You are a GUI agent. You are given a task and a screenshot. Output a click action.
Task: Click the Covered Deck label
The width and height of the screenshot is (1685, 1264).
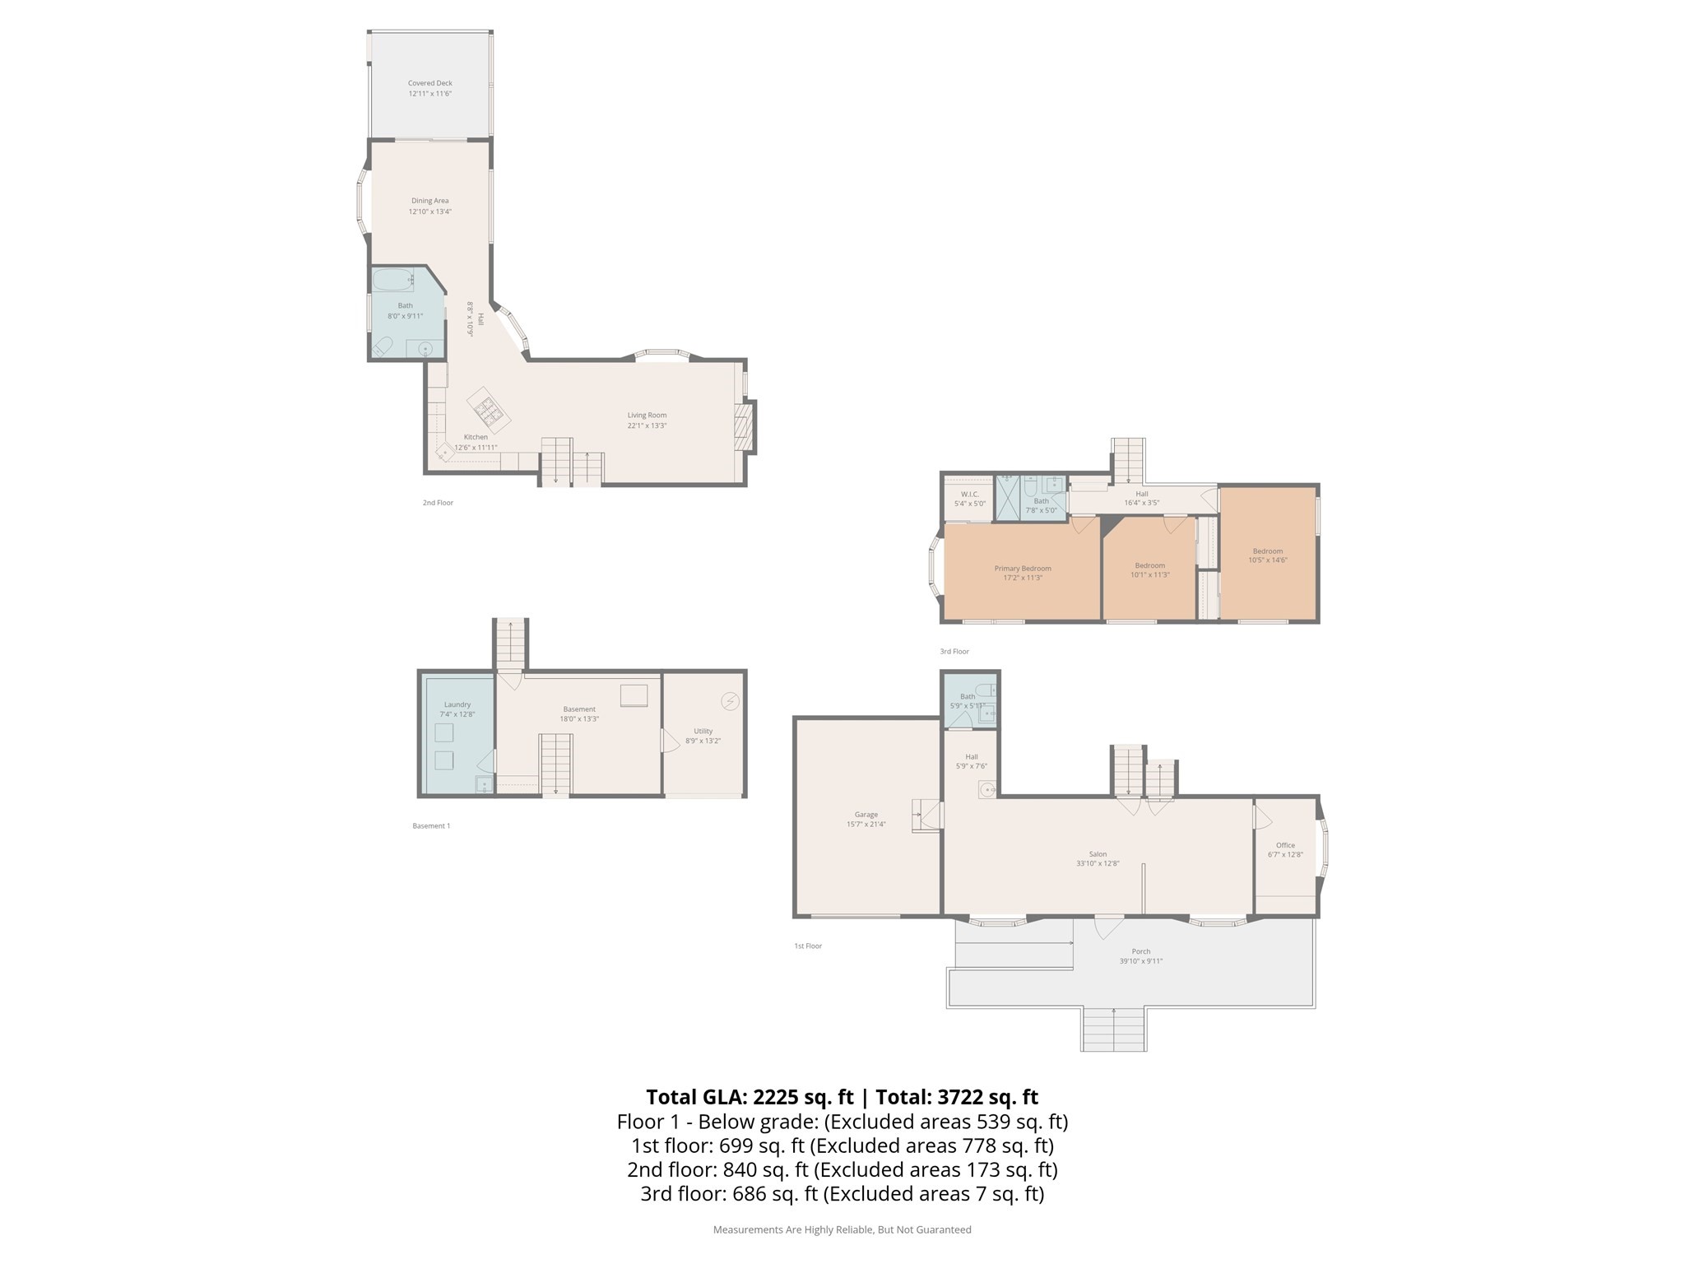pyautogui.click(x=429, y=83)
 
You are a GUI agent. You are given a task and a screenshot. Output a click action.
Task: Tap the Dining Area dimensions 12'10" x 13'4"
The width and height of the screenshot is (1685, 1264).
pyautogui.click(x=429, y=212)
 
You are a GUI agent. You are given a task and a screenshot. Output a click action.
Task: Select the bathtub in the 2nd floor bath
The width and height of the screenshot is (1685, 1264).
pyautogui.click(x=392, y=280)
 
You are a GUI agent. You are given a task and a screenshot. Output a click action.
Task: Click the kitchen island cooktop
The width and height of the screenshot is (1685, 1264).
pyautogui.click(x=489, y=409)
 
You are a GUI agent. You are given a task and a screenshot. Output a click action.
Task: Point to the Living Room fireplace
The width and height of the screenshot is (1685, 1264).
pyautogui.click(x=745, y=426)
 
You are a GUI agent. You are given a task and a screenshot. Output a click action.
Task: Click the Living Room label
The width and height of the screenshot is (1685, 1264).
pyautogui.click(x=647, y=416)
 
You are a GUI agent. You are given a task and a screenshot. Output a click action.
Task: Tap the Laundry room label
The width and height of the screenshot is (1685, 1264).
pyautogui.click(x=457, y=704)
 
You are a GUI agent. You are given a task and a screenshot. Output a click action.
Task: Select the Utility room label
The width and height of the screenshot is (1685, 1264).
pyautogui.click(x=703, y=731)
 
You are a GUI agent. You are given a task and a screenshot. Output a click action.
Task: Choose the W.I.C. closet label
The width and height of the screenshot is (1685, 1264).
pyautogui.click(x=969, y=495)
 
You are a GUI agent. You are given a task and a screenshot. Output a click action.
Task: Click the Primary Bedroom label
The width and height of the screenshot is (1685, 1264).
pyautogui.click(x=1022, y=569)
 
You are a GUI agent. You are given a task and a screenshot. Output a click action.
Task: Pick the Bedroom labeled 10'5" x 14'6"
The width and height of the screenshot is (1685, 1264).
pyautogui.click(x=1267, y=551)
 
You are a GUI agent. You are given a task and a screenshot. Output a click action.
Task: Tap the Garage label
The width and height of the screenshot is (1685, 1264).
pyautogui.click(x=866, y=815)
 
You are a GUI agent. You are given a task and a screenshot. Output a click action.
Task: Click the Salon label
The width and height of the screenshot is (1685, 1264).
pyautogui.click(x=1098, y=854)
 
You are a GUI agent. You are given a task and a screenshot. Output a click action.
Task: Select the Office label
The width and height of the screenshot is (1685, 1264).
pyautogui.click(x=1285, y=845)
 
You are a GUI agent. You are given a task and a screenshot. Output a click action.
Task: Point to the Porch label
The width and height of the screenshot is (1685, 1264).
pyautogui.click(x=1140, y=951)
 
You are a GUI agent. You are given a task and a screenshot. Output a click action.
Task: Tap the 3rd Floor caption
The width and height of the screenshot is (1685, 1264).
pyautogui.click(x=954, y=652)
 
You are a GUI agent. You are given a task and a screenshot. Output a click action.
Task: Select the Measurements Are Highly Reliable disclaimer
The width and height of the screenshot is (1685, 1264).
pyautogui.click(x=842, y=1229)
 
